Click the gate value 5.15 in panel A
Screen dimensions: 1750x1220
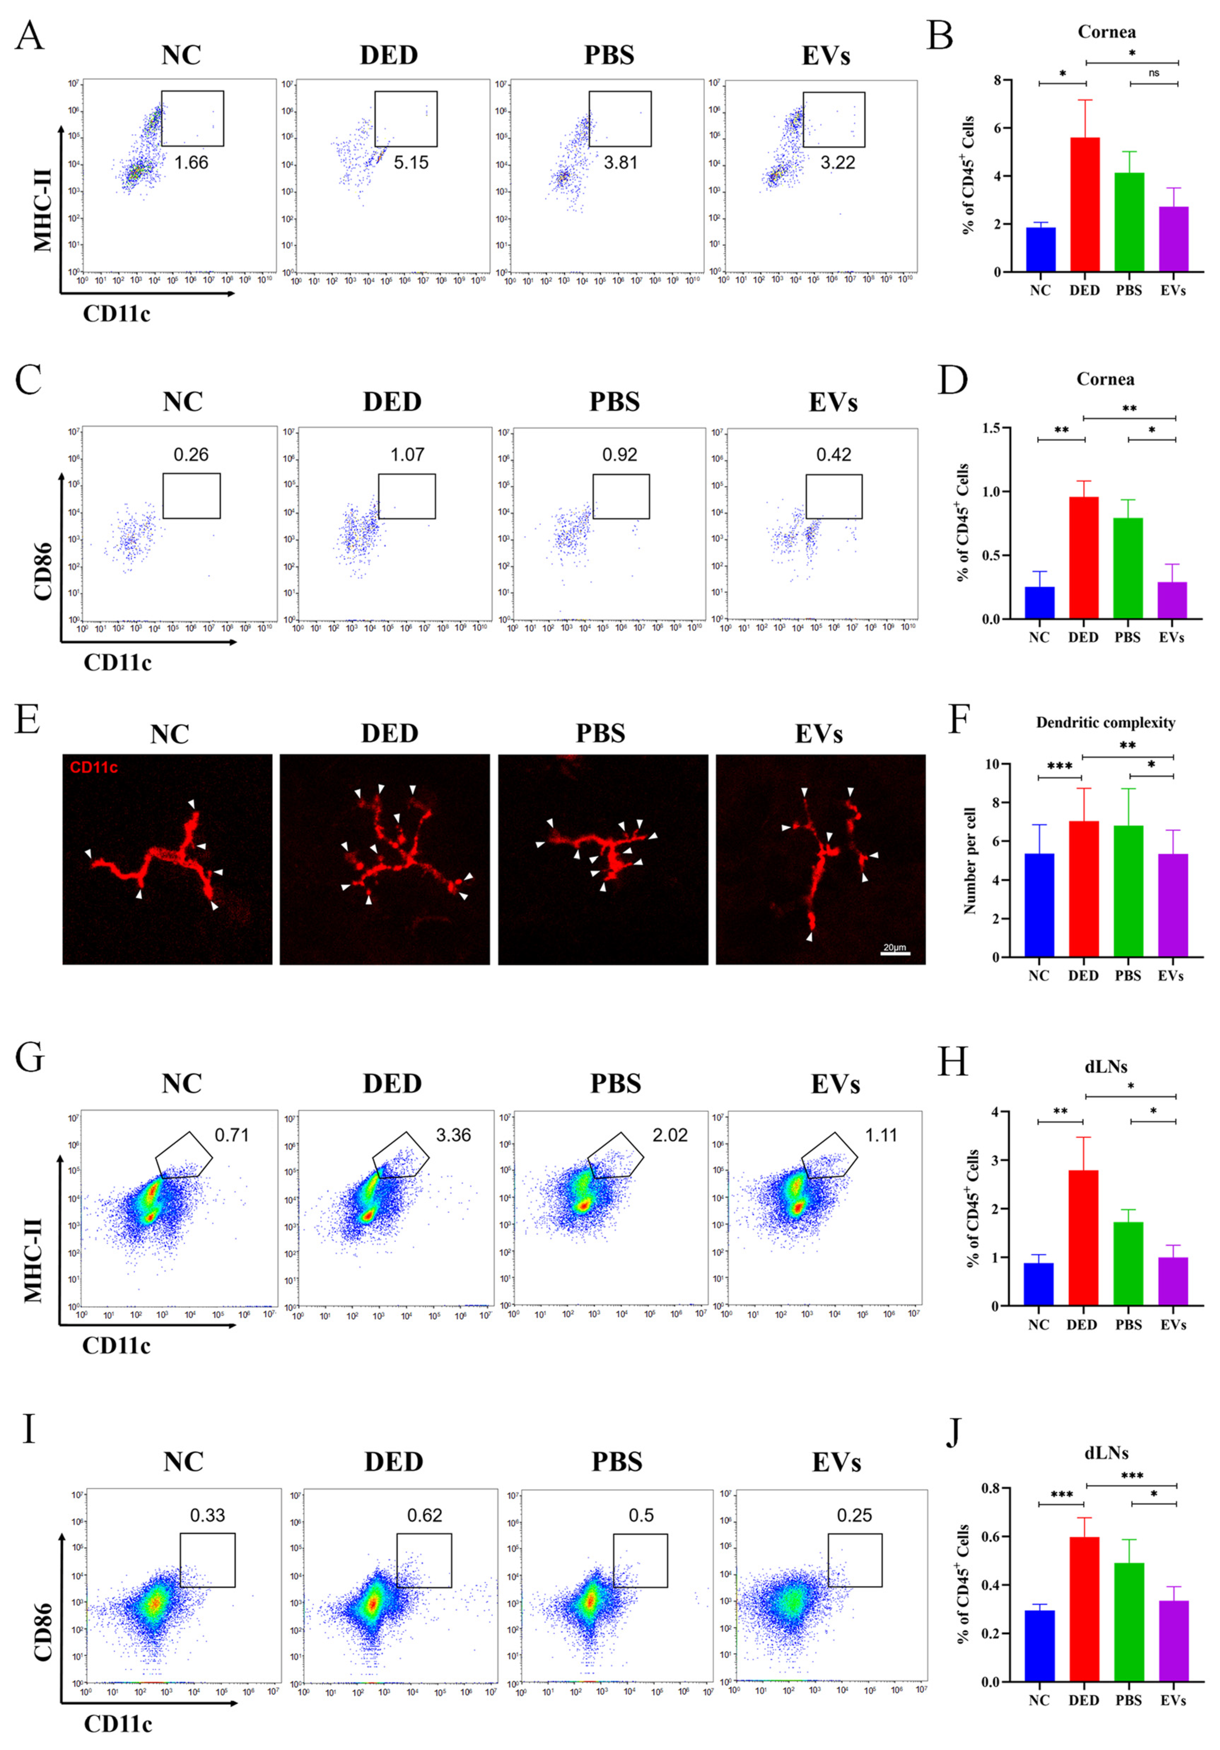tap(411, 162)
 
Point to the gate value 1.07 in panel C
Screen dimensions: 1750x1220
tap(407, 455)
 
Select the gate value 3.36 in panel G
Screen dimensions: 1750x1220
tap(453, 1135)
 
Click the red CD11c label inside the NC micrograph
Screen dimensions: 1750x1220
tap(94, 767)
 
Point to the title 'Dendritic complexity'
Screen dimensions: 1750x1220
tap(1105, 723)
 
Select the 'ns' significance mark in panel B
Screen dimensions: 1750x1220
tap(1154, 73)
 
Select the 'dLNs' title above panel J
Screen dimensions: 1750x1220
tap(1105, 1453)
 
